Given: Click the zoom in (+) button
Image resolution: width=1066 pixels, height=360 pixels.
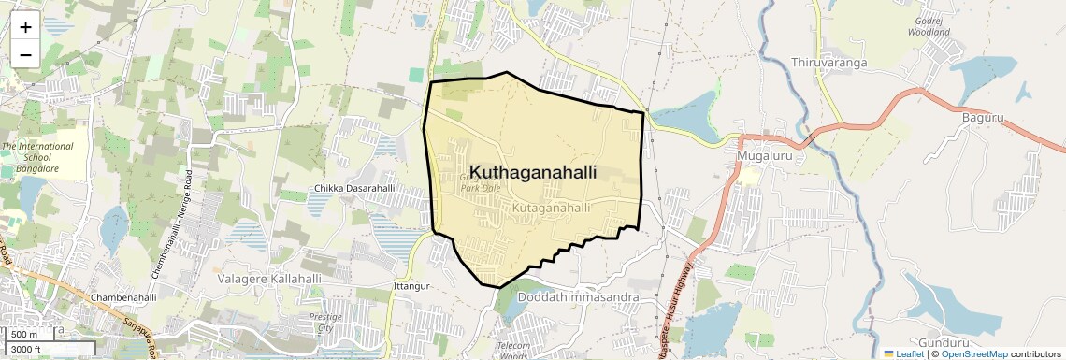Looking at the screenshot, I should tap(25, 27).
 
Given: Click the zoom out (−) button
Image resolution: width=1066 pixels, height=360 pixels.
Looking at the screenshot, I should tap(25, 54).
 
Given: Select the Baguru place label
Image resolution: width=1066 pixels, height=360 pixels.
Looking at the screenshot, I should tap(982, 117).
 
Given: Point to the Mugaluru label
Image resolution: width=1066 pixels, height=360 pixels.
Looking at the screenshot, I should tap(765, 155).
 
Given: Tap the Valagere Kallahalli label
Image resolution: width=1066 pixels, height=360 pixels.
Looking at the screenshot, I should tap(269, 279).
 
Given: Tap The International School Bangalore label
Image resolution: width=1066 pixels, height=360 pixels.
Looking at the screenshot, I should tap(36, 157).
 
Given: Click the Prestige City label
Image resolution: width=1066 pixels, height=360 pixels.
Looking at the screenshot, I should tap(325, 323).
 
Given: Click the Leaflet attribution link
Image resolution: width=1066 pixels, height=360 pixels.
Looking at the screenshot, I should tap(903, 353).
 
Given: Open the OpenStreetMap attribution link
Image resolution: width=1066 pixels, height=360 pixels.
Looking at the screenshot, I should tap(973, 353).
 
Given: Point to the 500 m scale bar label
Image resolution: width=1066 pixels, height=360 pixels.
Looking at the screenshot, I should tap(24, 335).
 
